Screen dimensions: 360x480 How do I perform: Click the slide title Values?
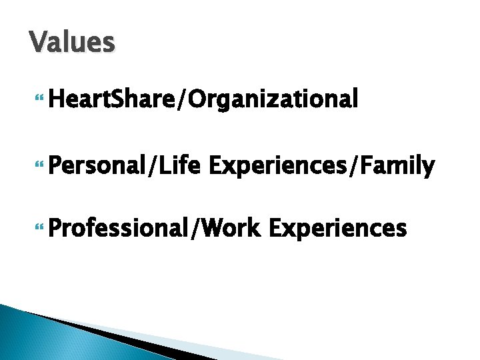point(73,42)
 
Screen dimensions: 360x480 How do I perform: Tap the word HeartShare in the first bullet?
point(108,99)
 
